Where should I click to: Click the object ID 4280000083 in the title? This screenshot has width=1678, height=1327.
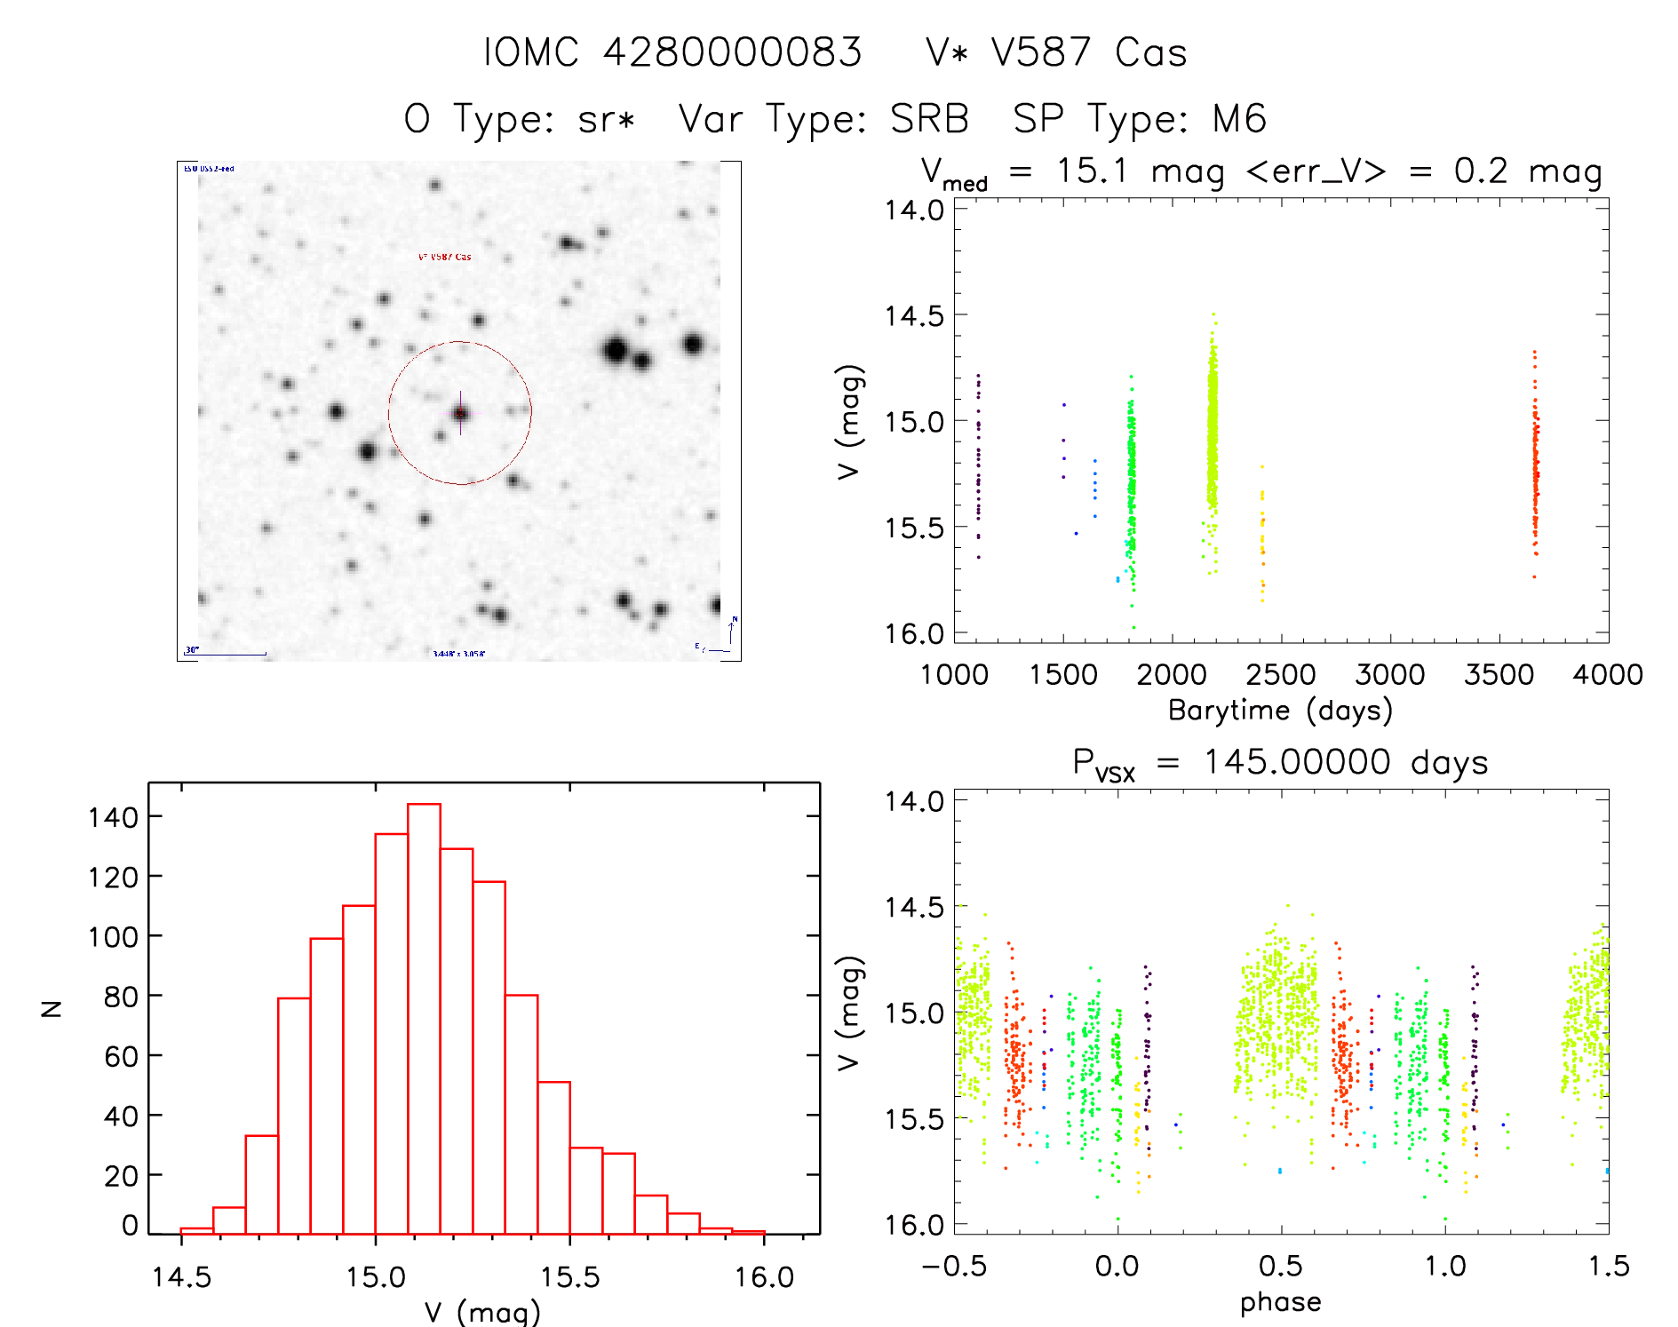coord(732,52)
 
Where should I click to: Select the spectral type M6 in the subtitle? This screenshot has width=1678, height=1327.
coord(1239,119)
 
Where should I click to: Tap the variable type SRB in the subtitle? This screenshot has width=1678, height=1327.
coord(929,119)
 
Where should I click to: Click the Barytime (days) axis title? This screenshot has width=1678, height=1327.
coord(1280,711)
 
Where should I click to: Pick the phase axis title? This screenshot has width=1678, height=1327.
coord(1280,1302)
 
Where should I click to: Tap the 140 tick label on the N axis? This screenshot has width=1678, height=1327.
coord(113,817)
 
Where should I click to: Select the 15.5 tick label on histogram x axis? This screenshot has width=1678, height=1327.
coord(570,1277)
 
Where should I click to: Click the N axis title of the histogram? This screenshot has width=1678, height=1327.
coord(52,1008)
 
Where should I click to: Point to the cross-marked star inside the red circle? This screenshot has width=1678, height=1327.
coord(460,413)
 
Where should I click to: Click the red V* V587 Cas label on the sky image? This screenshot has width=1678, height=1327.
coord(444,257)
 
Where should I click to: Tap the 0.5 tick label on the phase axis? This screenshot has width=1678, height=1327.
coord(1280,1267)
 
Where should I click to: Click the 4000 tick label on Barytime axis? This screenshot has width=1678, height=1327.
coord(1607,675)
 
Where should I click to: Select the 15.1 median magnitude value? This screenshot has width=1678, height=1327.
coord(1092,171)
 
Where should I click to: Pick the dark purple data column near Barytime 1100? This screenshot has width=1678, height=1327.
coord(978,462)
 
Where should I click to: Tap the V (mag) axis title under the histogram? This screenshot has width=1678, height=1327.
coord(481,1313)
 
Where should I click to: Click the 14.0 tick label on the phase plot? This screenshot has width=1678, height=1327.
coord(913,801)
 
